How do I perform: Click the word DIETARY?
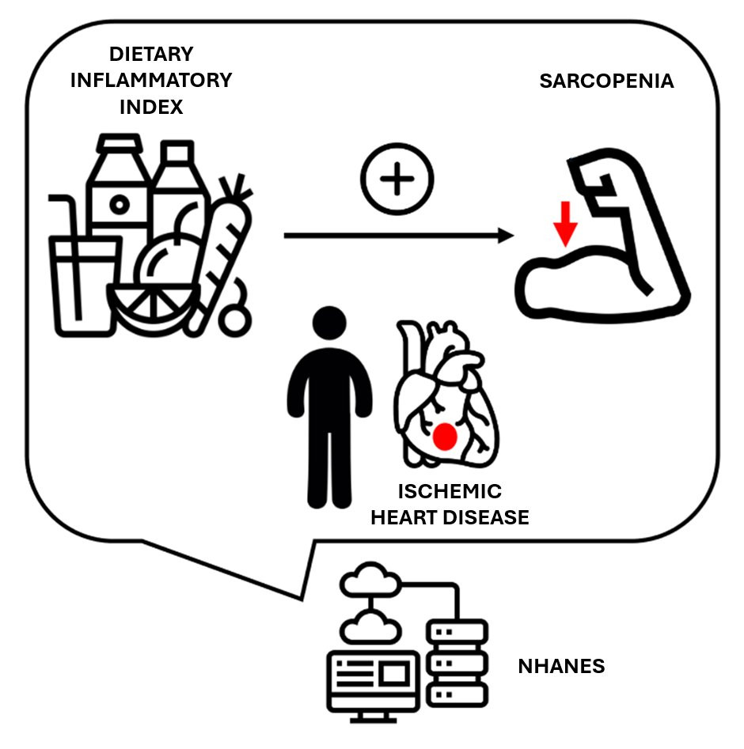click(x=151, y=54)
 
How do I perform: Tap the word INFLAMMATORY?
click(x=151, y=80)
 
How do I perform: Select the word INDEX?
click(x=151, y=107)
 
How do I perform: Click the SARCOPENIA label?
click(x=606, y=81)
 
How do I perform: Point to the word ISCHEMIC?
click(x=450, y=491)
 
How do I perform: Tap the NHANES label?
click(x=561, y=666)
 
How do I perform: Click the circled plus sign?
click(x=397, y=179)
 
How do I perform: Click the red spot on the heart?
click(x=445, y=437)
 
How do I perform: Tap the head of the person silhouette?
click(x=329, y=323)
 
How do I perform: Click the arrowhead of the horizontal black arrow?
click(x=506, y=236)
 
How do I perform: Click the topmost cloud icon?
click(x=370, y=580)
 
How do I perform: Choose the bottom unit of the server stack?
click(x=457, y=694)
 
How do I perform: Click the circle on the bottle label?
click(x=120, y=205)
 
